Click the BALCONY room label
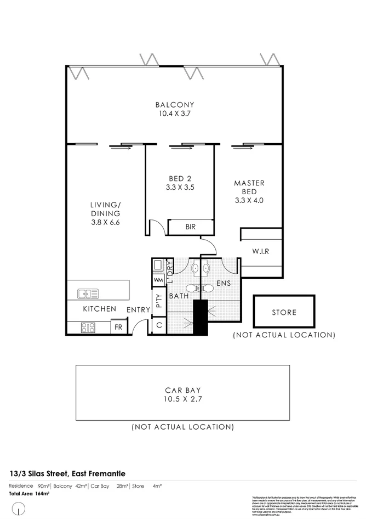pos(174,105)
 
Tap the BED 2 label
pos(180,178)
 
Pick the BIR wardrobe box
pos(190,227)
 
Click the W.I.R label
pos(261,252)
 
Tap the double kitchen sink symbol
pos(88,294)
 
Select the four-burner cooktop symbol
pos(88,328)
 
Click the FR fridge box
pos(118,328)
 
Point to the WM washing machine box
pos(158,280)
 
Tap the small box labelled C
pos(158,325)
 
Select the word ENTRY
pos(138,310)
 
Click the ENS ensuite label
pos(224,284)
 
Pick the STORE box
pos(284,312)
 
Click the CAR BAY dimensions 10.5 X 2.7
pos(182,399)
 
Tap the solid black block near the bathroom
pos(201,318)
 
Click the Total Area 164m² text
pos(29,494)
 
